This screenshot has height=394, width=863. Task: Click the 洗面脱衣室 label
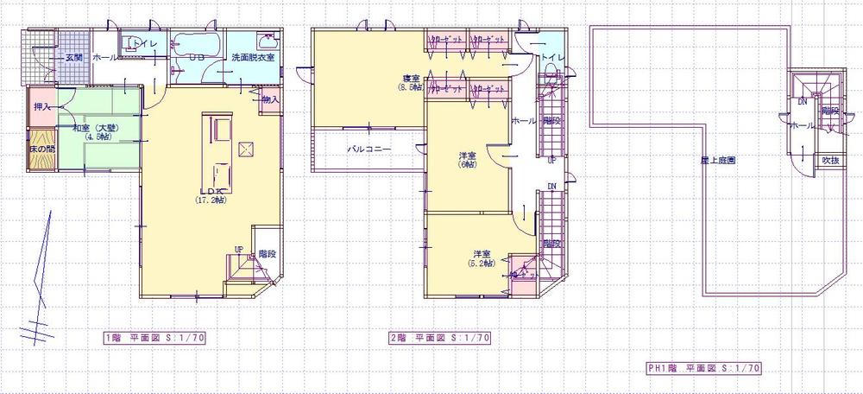[x=252, y=58]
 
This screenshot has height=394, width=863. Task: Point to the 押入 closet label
[x=41, y=107]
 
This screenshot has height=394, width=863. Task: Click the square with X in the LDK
[x=245, y=150]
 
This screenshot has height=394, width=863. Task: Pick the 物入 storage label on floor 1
[x=270, y=100]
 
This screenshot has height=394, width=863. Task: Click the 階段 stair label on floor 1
[x=267, y=254]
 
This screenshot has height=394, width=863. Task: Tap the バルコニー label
[x=369, y=149]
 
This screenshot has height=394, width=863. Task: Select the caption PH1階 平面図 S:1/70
[x=703, y=367]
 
